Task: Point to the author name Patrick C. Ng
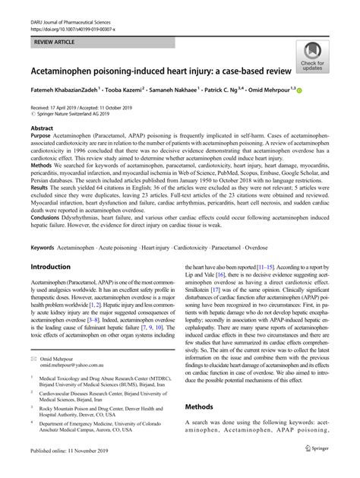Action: pos(238,90)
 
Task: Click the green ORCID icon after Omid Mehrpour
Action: pos(320,90)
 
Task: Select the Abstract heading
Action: pos(41,129)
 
